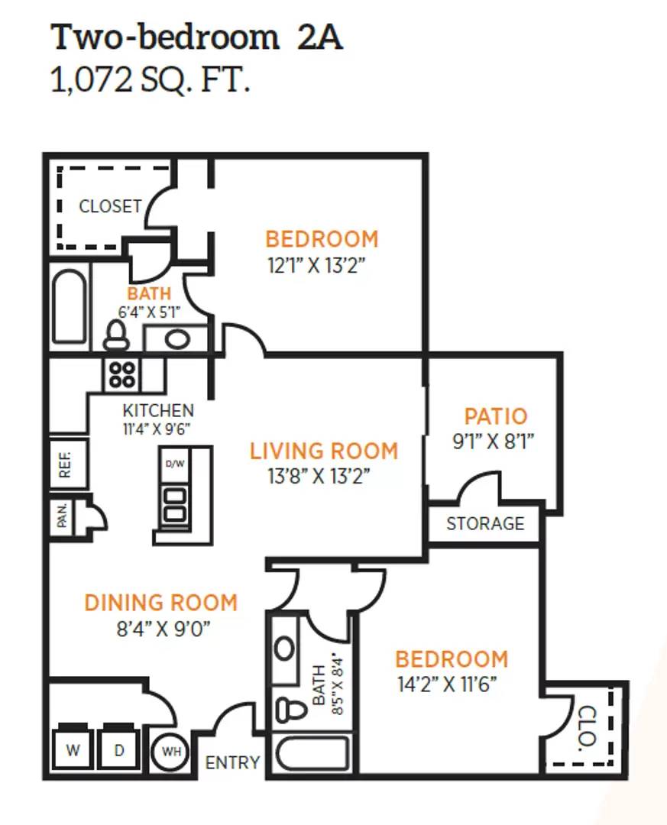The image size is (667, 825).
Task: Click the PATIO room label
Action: pyautogui.click(x=495, y=416)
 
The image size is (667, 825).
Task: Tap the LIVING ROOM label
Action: pyautogui.click(x=324, y=451)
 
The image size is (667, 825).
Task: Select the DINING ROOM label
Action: pyautogui.click(x=161, y=603)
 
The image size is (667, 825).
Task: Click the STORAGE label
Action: pyautogui.click(x=485, y=523)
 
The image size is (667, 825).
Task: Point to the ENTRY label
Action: pyautogui.click(x=232, y=762)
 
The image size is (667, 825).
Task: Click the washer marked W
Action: pyautogui.click(x=73, y=748)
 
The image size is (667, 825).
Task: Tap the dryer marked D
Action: pyautogui.click(x=119, y=748)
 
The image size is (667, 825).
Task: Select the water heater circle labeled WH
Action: pyautogui.click(x=171, y=752)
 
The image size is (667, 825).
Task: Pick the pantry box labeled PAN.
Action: pyautogui.click(x=63, y=515)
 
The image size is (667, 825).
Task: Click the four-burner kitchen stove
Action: pyautogui.click(x=121, y=374)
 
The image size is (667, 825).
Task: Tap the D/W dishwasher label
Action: pyautogui.click(x=175, y=464)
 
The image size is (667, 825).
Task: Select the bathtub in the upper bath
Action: pyautogui.click(x=69, y=307)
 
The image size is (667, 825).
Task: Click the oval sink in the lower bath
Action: pyautogui.click(x=285, y=649)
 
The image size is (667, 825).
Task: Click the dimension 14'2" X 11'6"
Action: pyautogui.click(x=447, y=684)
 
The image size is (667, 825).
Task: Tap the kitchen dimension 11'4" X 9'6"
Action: pyautogui.click(x=157, y=429)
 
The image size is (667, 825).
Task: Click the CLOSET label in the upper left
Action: pyautogui.click(x=110, y=205)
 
